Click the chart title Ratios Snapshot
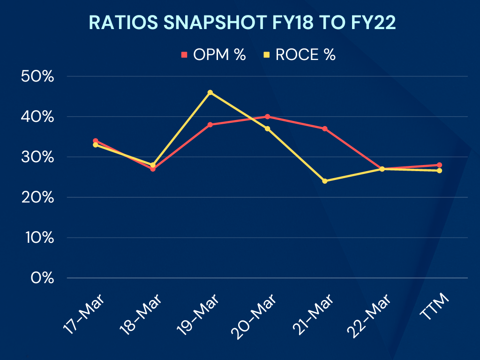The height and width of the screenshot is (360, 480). (x=242, y=23)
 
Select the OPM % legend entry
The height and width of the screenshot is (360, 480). (x=214, y=55)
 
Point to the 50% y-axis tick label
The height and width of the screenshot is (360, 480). (x=38, y=76)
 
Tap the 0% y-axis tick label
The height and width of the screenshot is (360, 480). (x=43, y=278)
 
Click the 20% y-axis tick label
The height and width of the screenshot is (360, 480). (x=38, y=197)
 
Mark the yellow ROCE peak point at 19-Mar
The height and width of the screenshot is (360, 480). (x=210, y=92)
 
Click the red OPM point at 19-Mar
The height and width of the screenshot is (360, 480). (x=210, y=125)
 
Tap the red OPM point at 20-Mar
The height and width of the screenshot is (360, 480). (x=267, y=117)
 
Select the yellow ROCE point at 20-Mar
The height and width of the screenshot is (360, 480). (x=267, y=128)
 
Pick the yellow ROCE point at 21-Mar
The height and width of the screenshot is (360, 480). (x=325, y=181)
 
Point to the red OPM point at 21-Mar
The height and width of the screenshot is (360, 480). (x=325, y=128)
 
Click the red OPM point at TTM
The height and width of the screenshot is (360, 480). (x=439, y=165)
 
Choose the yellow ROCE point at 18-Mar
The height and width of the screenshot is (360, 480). (x=153, y=165)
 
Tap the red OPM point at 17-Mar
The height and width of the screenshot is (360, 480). (x=96, y=141)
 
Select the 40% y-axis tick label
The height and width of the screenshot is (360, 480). (x=38, y=117)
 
